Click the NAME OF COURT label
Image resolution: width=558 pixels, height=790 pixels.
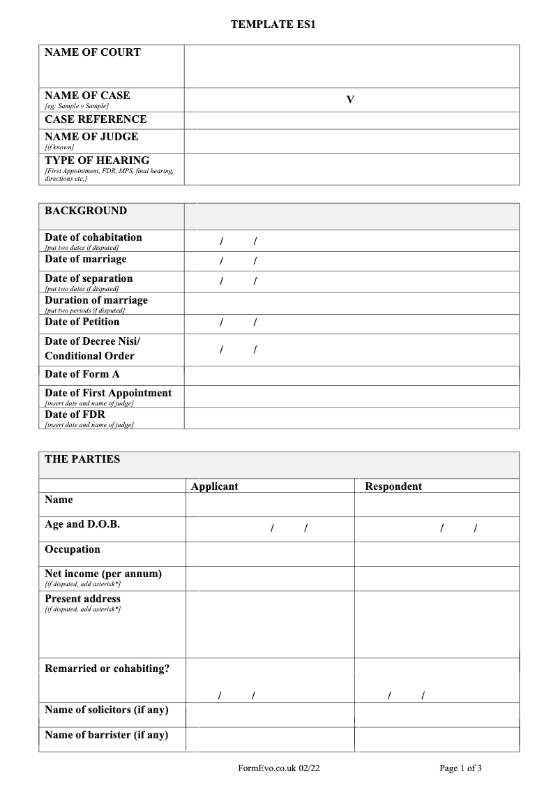click(93, 52)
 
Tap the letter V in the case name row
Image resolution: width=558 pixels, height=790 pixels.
click(350, 100)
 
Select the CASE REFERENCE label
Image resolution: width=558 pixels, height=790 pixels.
click(96, 119)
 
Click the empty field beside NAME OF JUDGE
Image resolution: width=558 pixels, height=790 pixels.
click(352, 141)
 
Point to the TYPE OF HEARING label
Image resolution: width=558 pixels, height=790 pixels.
click(97, 161)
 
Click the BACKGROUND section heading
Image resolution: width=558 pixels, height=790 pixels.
click(86, 211)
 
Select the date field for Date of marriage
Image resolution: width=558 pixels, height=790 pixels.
click(352, 261)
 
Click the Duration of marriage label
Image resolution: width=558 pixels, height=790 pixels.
click(96, 300)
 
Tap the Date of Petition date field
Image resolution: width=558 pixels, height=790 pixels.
click(352, 323)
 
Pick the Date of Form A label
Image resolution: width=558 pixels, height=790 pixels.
click(82, 374)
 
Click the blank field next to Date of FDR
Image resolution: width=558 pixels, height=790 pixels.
click(352, 417)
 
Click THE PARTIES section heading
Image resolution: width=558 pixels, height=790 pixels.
click(82, 459)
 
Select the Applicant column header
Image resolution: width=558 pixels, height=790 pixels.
click(215, 486)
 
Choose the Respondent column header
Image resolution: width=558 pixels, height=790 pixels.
click(393, 486)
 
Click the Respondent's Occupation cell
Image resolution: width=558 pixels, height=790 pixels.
click(437, 553)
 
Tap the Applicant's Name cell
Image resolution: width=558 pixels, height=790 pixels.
click(271, 504)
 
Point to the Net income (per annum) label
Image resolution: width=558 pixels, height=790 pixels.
click(103, 574)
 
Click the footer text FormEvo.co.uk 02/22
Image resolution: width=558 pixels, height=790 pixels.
click(279, 768)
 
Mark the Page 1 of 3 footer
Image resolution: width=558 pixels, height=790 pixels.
click(460, 768)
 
